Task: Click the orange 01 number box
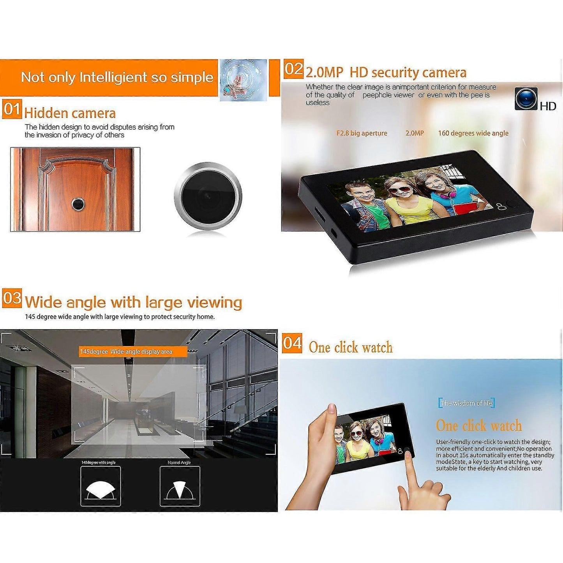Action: click(12, 109)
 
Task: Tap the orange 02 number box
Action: click(293, 69)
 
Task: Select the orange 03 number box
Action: click(12, 298)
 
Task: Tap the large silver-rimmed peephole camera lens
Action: click(208, 195)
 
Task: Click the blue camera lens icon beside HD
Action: click(526, 99)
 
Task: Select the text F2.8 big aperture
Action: click(362, 133)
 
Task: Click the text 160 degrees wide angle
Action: click(473, 133)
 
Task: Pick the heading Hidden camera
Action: click(70, 113)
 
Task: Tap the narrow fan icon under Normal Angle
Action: click(179, 490)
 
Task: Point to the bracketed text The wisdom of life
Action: click(467, 403)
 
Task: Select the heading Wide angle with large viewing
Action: click(134, 302)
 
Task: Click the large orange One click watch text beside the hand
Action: click(479, 426)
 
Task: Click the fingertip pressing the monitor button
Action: click(409, 455)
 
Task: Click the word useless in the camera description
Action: click(318, 102)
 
